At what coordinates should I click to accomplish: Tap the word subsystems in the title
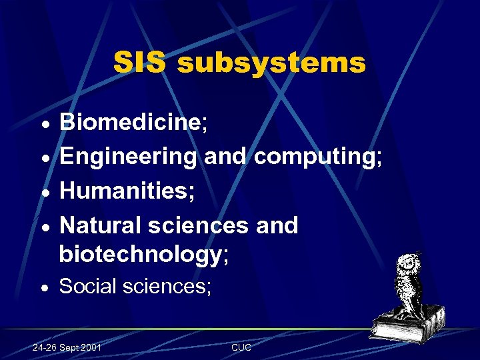coord(271,63)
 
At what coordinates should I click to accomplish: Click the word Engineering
coord(128,157)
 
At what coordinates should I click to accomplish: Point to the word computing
coord(318,157)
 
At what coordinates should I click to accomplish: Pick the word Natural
coord(102,225)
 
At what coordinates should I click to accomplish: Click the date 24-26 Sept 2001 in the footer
coord(67,348)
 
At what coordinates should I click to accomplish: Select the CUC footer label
coord(241,348)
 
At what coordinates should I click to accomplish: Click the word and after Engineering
coord(225,157)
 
